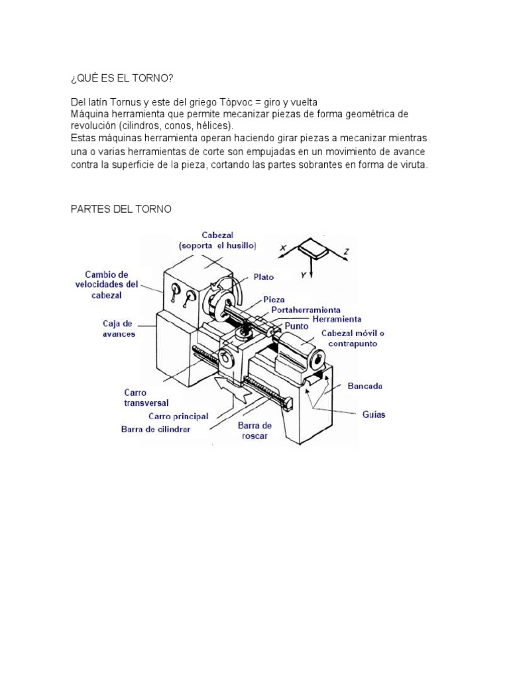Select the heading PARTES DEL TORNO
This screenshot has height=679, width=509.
[x=121, y=209]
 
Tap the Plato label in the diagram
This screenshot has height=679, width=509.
[x=263, y=277]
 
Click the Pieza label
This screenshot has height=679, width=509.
[x=274, y=300]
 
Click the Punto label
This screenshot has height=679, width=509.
[x=298, y=327]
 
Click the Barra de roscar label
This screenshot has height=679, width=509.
[x=255, y=431]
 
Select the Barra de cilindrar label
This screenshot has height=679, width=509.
[x=156, y=429]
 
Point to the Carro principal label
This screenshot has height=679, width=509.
[x=178, y=416]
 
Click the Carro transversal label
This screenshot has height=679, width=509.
[x=146, y=397]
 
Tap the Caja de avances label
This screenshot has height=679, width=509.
[x=119, y=328]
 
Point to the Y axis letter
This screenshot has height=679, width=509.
[x=304, y=273]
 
